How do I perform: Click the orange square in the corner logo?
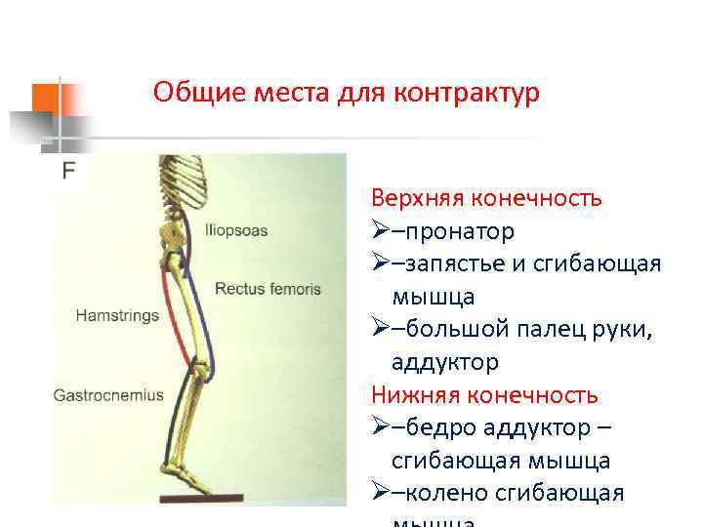tap(46, 98)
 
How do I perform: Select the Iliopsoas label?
tap(236, 231)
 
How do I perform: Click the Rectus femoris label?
tap(267, 289)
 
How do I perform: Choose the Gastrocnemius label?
tap(108, 396)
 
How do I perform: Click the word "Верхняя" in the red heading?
tap(417, 199)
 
